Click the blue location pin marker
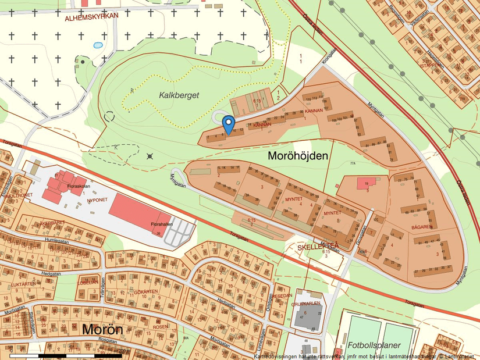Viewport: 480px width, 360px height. [x=229, y=123]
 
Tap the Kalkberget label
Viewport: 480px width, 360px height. [x=179, y=94]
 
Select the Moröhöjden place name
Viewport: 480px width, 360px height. [x=298, y=156]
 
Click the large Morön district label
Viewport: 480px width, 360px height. [x=102, y=329]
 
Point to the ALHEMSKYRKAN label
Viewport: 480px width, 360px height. [x=91, y=17]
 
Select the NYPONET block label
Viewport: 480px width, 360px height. [x=97, y=199]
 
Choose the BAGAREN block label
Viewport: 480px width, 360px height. [x=422, y=226]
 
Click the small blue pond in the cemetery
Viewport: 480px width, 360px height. [x=98, y=45]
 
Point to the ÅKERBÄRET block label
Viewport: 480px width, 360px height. [x=37, y=222]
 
